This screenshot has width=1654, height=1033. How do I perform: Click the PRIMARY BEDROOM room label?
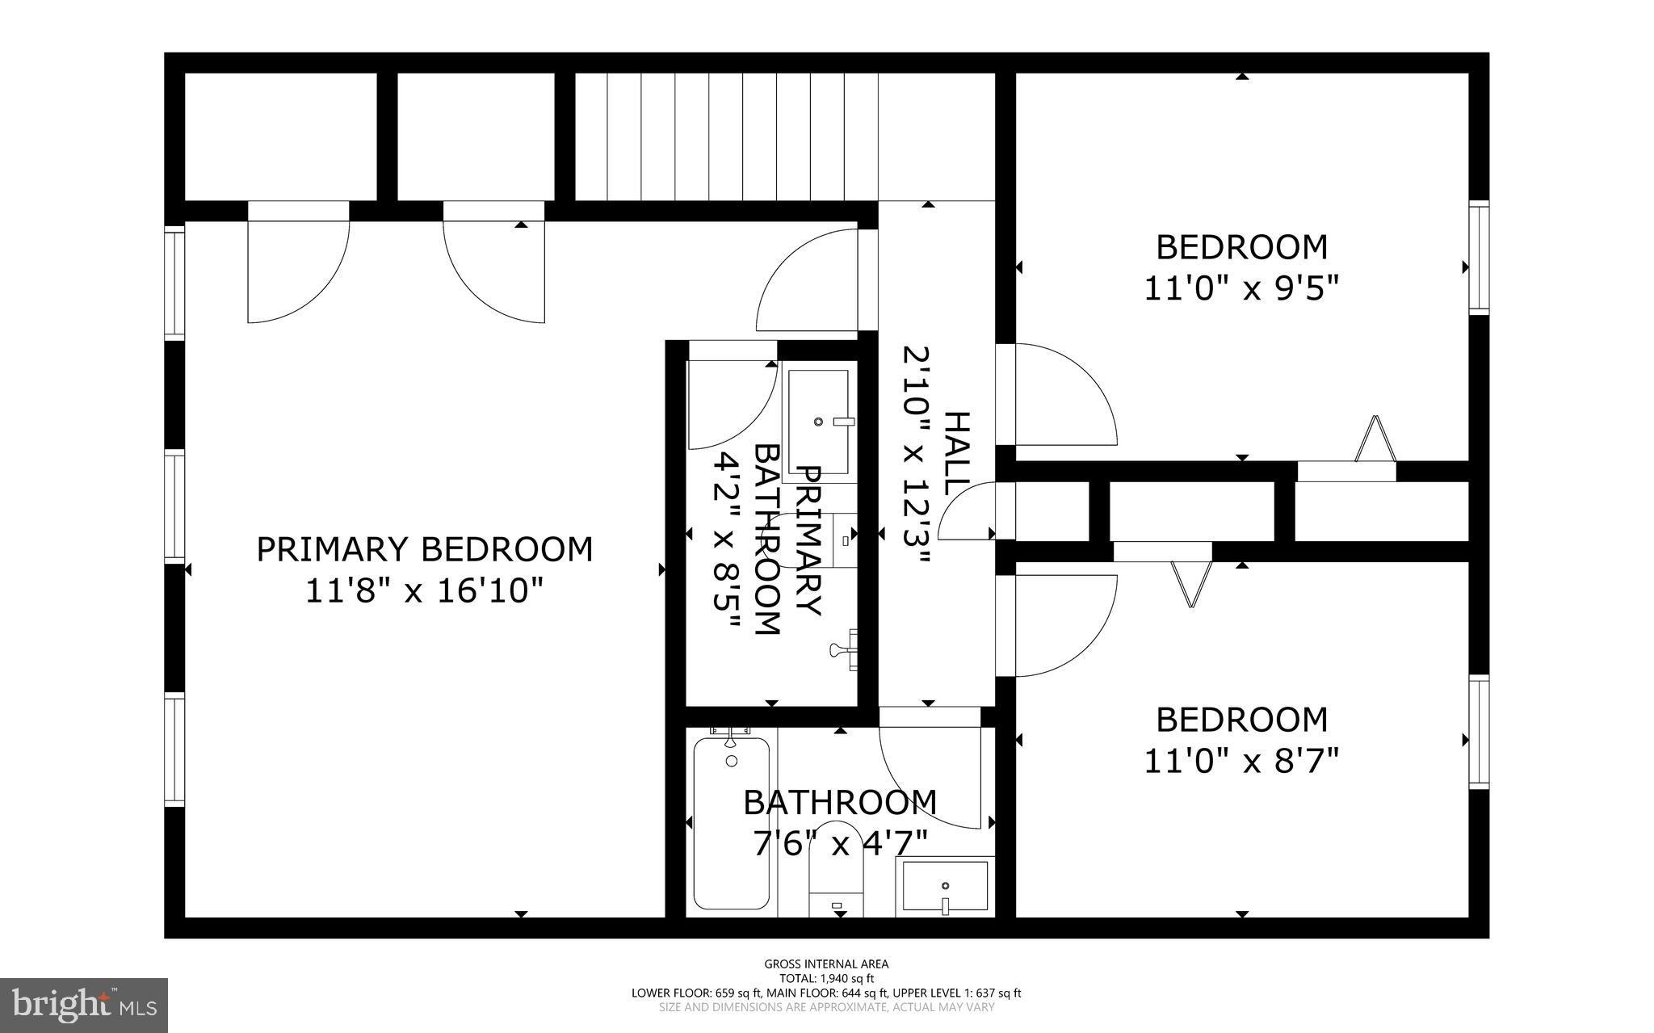click(424, 549)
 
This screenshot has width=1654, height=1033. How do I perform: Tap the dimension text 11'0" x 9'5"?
click(1241, 288)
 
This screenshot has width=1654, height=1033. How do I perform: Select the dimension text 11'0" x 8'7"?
click(1241, 761)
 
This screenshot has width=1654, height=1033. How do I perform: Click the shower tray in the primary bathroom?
click(818, 422)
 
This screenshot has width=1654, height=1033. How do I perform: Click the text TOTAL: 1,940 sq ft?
click(826, 978)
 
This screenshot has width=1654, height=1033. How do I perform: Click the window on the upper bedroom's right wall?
click(1478, 257)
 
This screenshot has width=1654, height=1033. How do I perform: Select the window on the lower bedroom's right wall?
click(1478, 732)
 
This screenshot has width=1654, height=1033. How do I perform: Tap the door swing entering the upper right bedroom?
click(1058, 394)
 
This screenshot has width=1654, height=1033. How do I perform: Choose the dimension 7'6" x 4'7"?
click(840, 845)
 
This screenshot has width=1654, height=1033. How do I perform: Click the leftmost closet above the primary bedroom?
click(281, 136)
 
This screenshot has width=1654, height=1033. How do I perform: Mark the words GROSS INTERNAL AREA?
click(826, 964)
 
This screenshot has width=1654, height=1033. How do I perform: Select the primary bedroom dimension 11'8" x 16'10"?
click(423, 592)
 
